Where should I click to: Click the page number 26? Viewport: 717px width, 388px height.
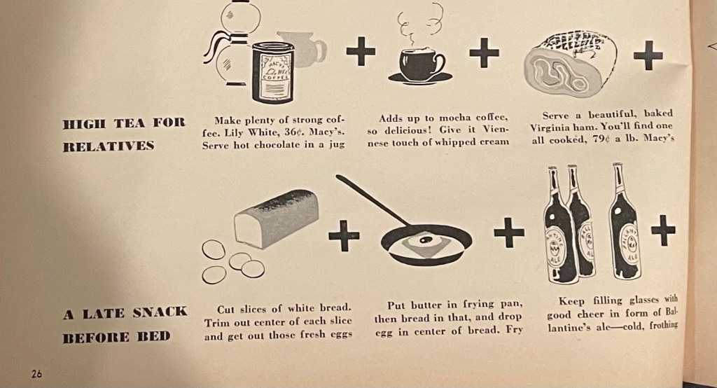coord(36,374)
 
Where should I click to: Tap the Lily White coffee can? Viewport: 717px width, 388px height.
coord(273,72)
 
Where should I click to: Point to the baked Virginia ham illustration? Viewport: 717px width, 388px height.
coord(570,64)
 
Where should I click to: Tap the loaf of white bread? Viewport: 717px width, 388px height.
coord(276,219)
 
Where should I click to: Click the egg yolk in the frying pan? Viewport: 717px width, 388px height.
coord(425,240)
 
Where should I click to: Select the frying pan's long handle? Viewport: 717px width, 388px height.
coord(373,200)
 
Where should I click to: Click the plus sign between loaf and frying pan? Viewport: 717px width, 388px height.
coord(344,235)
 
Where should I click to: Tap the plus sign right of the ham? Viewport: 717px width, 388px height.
coord(648,55)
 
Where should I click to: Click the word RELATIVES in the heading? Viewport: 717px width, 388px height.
coord(109,146)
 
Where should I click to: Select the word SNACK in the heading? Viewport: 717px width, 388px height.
coord(160,312)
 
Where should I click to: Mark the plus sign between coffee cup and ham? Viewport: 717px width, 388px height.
coord(485,53)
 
